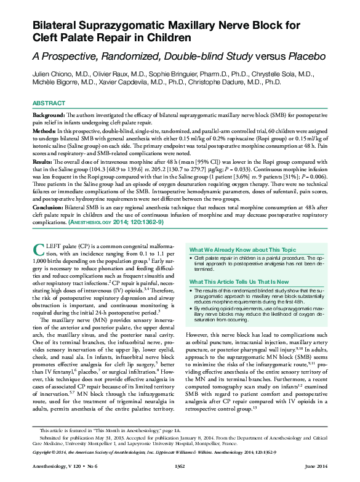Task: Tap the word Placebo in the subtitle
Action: tap(302, 56)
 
